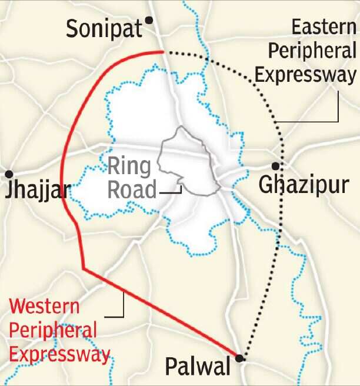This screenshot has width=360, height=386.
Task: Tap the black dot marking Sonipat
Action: click(149, 20)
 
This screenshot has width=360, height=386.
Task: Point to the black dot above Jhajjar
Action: click(9, 174)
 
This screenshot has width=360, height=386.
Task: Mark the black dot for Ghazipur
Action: click(275, 166)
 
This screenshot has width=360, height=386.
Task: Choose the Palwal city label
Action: click(197, 368)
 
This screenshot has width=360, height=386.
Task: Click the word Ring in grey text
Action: click(129, 167)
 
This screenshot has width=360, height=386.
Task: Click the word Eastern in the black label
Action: click(323, 28)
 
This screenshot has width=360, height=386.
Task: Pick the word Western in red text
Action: click(45, 307)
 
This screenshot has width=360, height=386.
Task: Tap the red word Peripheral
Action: click(53, 331)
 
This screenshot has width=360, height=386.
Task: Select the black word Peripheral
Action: click(312, 52)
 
